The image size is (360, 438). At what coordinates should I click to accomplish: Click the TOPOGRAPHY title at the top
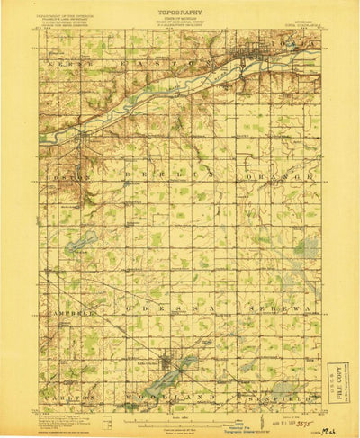click(x=182, y=13)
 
